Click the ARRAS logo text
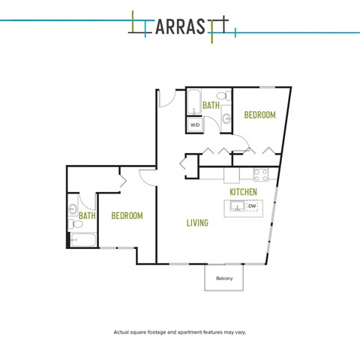[180, 26]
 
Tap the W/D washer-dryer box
[195, 124]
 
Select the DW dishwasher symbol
[252, 206]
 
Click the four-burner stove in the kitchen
[261, 175]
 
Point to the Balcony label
[224, 278]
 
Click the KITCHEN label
[243, 192]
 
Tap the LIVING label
[197, 223]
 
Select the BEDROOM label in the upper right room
[260, 115]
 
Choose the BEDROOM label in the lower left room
[127, 216]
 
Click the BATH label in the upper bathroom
[211, 106]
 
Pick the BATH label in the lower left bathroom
[87, 216]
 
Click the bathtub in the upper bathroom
[194, 102]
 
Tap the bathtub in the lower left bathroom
[83, 240]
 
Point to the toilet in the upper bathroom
[223, 96]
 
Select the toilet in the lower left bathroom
[76, 224]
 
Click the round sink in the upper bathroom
[226, 118]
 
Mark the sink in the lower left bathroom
[73, 209]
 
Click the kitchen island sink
[237, 206]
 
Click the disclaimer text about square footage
[180, 332]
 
